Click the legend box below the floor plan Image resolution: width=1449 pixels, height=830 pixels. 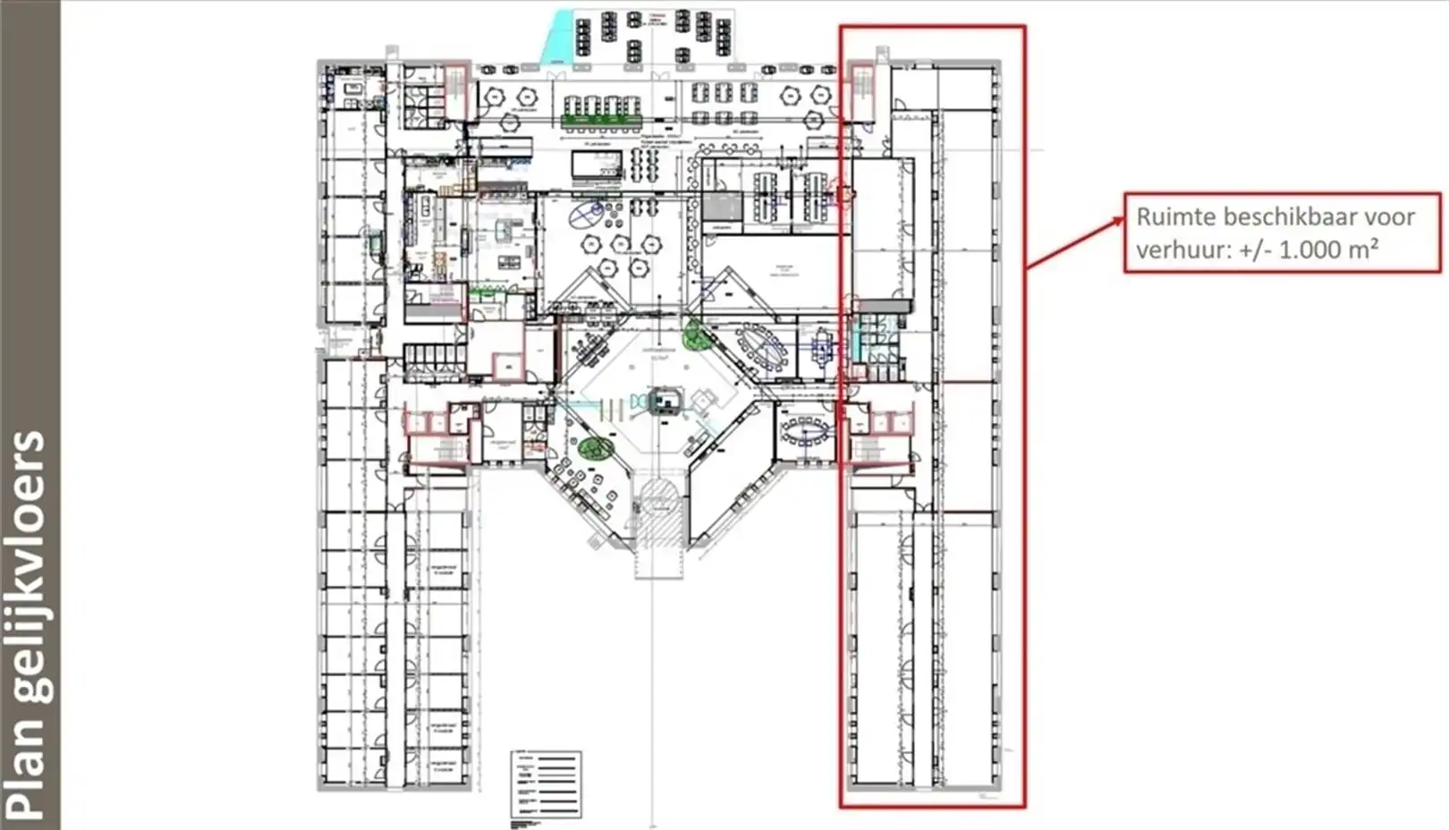click(546, 784)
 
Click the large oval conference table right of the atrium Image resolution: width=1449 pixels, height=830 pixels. click(761, 348)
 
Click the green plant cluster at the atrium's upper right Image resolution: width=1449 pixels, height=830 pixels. click(695, 335)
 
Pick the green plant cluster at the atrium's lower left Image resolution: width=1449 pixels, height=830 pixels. click(596, 448)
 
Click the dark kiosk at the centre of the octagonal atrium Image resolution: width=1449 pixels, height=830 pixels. click(665, 401)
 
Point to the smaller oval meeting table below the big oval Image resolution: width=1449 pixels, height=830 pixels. click(805, 433)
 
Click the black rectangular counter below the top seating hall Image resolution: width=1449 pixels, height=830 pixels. click(597, 165)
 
